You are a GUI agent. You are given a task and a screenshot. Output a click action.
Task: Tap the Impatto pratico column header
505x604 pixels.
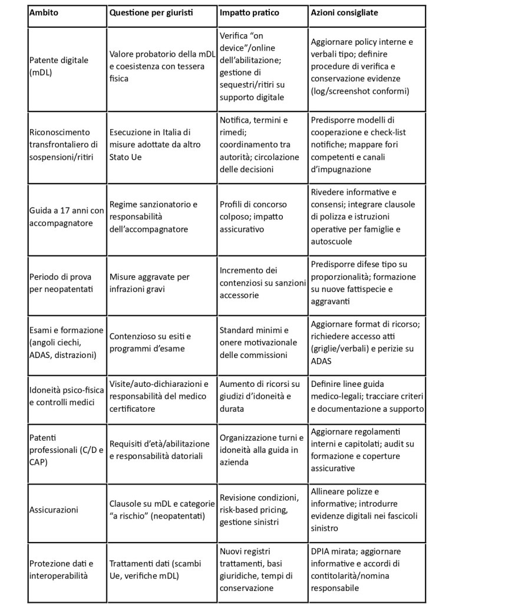pos(249,12)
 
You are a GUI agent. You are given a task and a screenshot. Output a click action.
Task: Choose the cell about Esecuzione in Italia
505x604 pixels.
pos(150,144)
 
